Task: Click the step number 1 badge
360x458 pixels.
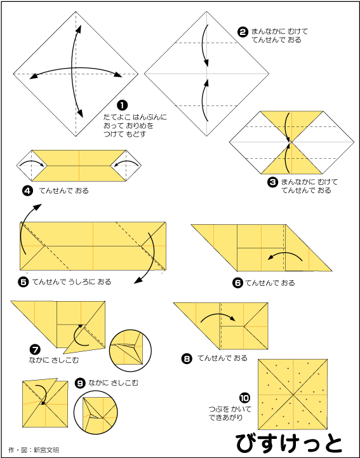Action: tap(122, 105)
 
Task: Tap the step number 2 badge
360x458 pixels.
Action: tap(243, 32)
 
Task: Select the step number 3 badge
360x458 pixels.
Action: tap(272, 182)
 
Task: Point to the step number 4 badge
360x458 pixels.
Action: tap(27, 191)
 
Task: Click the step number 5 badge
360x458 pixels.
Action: tap(23, 282)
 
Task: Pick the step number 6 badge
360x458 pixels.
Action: tap(237, 283)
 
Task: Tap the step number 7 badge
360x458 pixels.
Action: tap(36, 349)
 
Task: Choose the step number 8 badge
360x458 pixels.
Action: tap(187, 358)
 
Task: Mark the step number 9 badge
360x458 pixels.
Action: tap(80, 383)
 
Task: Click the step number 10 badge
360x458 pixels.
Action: tap(244, 398)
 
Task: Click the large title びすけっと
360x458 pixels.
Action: tap(289, 443)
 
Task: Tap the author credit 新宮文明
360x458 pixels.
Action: tap(46, 450)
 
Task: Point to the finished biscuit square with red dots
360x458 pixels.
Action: tap(293, 394)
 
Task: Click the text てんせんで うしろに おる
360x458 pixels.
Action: tap(72, 282)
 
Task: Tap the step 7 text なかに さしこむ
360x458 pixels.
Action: tap(54, 360)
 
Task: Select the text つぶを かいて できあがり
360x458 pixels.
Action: tap(230, 413)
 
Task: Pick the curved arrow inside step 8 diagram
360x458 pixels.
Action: tap(218, 316)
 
